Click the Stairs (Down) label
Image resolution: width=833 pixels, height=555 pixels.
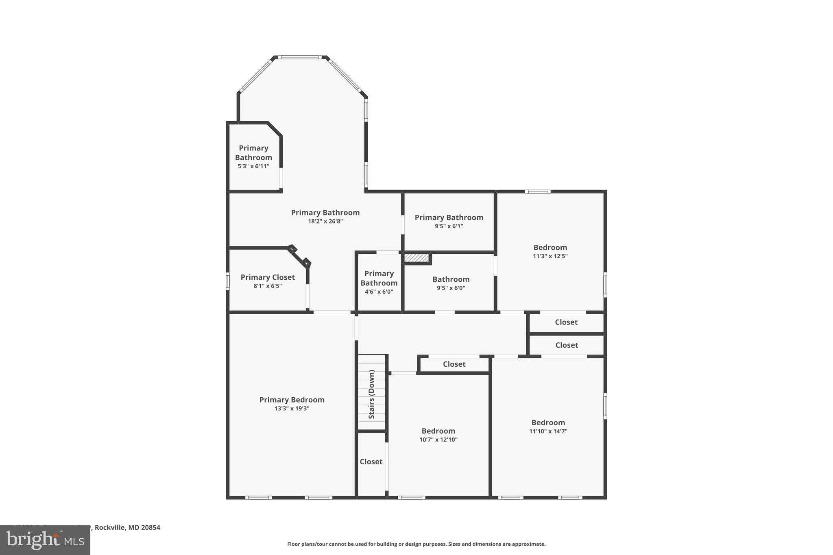[371, 394]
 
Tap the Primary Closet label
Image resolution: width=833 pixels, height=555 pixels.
[267, 277]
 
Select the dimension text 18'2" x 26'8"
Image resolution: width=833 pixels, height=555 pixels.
[325, 222]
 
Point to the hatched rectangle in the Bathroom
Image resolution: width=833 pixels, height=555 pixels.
[416, 258]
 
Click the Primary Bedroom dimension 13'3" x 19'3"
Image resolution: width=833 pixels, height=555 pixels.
[292, 409]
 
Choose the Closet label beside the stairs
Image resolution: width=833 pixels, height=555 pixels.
[371, 461]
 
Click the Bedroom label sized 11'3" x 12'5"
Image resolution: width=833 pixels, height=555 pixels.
[550, 247]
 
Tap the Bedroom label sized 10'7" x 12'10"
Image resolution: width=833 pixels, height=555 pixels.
[438, 431]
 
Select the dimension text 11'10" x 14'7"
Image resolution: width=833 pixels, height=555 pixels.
[548, 431]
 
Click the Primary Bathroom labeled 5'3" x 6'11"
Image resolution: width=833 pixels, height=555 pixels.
[253, 153]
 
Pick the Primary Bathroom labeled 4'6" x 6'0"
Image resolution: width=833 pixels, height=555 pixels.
[379, 278]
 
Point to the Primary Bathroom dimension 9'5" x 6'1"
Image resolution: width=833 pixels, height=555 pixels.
[449, 226]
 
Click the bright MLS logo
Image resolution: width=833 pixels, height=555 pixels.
[45, 540]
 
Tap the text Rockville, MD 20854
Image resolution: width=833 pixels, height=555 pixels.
[127, 527]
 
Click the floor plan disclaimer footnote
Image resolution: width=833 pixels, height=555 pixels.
[416, 544]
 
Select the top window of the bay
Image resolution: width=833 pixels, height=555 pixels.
[300, 57]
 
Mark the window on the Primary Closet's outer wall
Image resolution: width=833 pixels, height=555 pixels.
[228, 281]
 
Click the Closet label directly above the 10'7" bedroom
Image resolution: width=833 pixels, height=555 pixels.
[454, 364]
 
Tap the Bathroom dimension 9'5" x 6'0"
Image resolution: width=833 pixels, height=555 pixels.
[451, 288]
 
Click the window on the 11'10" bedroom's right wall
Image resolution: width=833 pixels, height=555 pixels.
[605, 405]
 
